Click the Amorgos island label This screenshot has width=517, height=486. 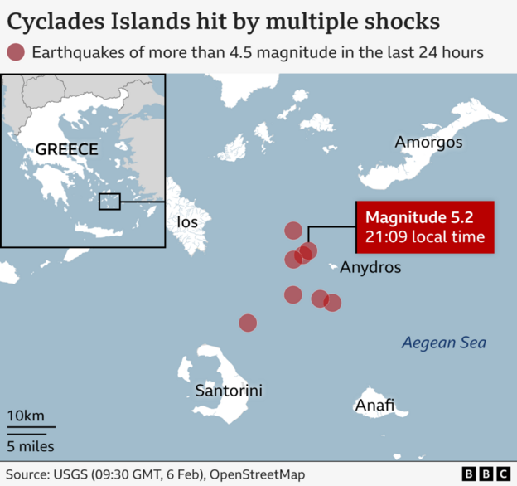(x=428, y=143)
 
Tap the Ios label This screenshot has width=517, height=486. (x=187, y=222)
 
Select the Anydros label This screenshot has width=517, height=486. (x=370, y=268)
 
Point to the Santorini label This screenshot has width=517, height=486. (x=229, y=390)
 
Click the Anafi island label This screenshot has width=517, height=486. (x=374, y=406)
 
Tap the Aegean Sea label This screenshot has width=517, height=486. (x=443, y=343)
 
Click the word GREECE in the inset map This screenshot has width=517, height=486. (x=66, y=150)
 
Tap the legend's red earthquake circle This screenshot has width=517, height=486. (x=15, y=52)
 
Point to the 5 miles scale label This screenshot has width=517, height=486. (x=31, y=446)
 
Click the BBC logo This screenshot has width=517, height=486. (x=486, y=474)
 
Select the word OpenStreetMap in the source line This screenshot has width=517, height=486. (x=258, y=474)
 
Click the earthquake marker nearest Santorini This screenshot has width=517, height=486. (x=247, y=323)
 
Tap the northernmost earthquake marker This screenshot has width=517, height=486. (x=293, y=231)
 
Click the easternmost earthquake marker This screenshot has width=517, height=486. (x=332, y=303)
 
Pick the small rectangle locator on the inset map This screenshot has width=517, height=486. (x=109, y=201)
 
